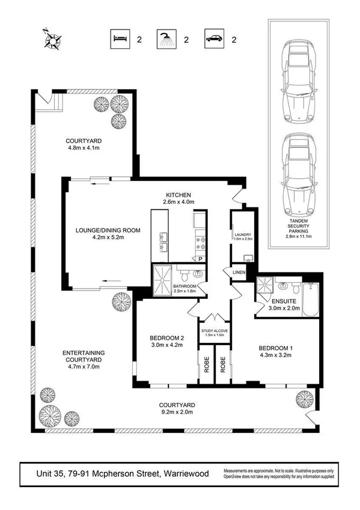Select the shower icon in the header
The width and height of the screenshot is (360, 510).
[x=165, y=40]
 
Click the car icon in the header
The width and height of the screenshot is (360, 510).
[x=214, y=40]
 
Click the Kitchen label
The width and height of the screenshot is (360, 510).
[x=178, y=195]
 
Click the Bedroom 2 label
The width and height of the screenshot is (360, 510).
[x=165, y=338]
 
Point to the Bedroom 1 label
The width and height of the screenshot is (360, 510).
[x=275, y=348]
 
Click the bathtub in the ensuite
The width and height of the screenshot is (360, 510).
[x=308, y=298]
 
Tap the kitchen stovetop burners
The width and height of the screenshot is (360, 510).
[x=202, y=242]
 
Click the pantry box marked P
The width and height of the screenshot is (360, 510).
[x=201, y=259]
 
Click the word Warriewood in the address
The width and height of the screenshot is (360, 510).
[x=186, y=474]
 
